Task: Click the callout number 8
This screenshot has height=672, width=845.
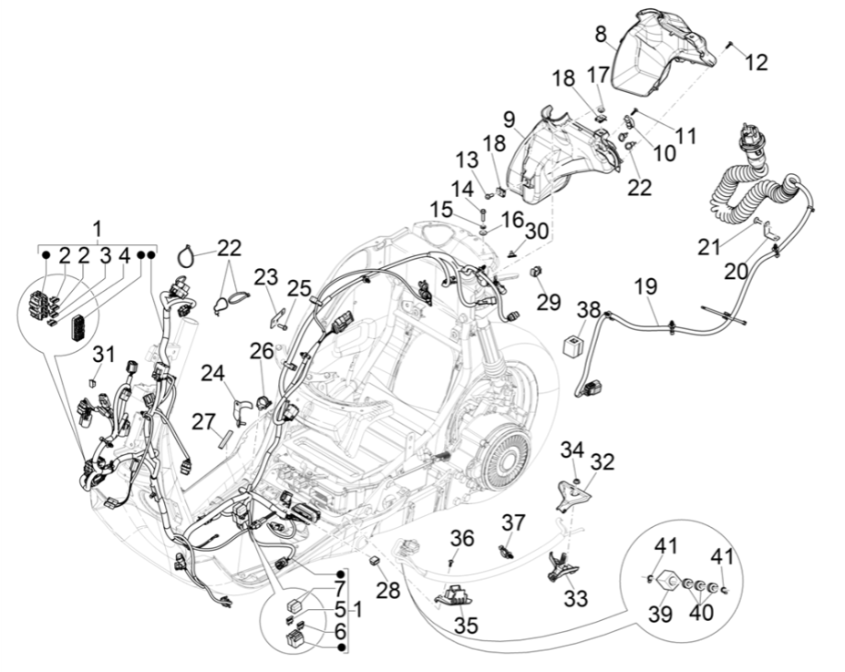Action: (x=602, y=36)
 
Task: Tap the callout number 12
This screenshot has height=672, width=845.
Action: (x=756, y=62)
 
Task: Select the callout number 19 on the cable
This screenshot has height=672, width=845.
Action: (x=645, y=286)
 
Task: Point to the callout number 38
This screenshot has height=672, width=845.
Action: (x=589, y=309)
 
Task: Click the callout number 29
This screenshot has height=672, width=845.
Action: (x=548, y=303)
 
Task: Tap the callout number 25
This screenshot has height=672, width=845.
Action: (x=300, y=289)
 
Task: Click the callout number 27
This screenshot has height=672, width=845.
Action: (x=202, y=420)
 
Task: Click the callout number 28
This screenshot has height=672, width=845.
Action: (x=388, y=591)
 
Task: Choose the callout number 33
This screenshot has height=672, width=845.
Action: (x=577, y=599)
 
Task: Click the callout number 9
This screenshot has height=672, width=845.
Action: (x=510, y=119)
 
